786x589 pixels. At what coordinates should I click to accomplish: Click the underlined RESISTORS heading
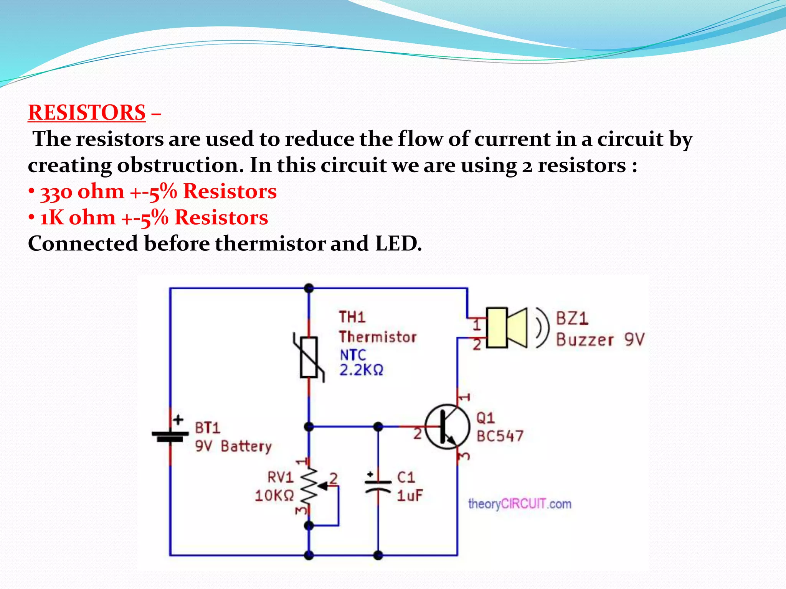coord(87,113)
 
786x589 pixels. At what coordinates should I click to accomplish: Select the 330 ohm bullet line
coord(158,191)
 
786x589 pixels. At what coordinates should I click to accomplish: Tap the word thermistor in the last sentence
coord(270,244)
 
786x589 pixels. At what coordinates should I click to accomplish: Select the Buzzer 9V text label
coord(600,340)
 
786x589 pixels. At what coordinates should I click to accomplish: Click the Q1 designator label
coord(485,418)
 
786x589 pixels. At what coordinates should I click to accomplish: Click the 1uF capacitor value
coord(410,496)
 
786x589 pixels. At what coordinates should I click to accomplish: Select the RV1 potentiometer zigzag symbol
coord(309,487)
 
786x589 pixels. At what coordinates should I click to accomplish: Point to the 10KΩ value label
coord(274,496)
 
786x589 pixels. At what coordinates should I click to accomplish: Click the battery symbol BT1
coord(170,436)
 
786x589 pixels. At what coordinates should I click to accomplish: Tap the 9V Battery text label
coord(233,446)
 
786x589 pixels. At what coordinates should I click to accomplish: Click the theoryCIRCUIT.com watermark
coord(519,503)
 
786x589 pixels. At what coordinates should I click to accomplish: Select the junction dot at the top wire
coord(309,288)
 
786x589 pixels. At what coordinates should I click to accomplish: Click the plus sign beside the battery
coord(178,420)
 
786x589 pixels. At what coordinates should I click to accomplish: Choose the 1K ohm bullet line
coord(154,218)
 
